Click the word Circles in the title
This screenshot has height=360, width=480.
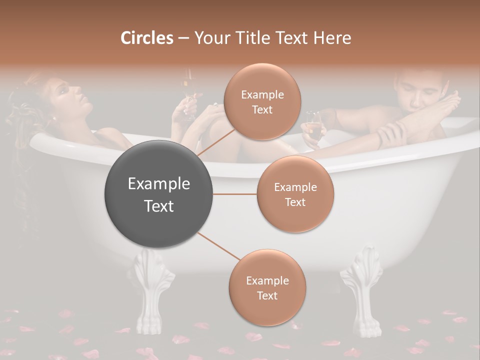tap(147, 38)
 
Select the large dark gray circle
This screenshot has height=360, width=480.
tap(159, 194)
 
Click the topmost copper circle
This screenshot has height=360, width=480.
tap(262, 102)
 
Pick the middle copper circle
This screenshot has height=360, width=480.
tap(295, 194)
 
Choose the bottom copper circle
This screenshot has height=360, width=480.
tap(267, 287)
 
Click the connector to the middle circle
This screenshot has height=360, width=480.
tap(235, 194)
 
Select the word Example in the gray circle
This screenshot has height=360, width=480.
tap(159, 184)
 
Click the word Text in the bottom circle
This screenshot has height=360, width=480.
tap(267, 295)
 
